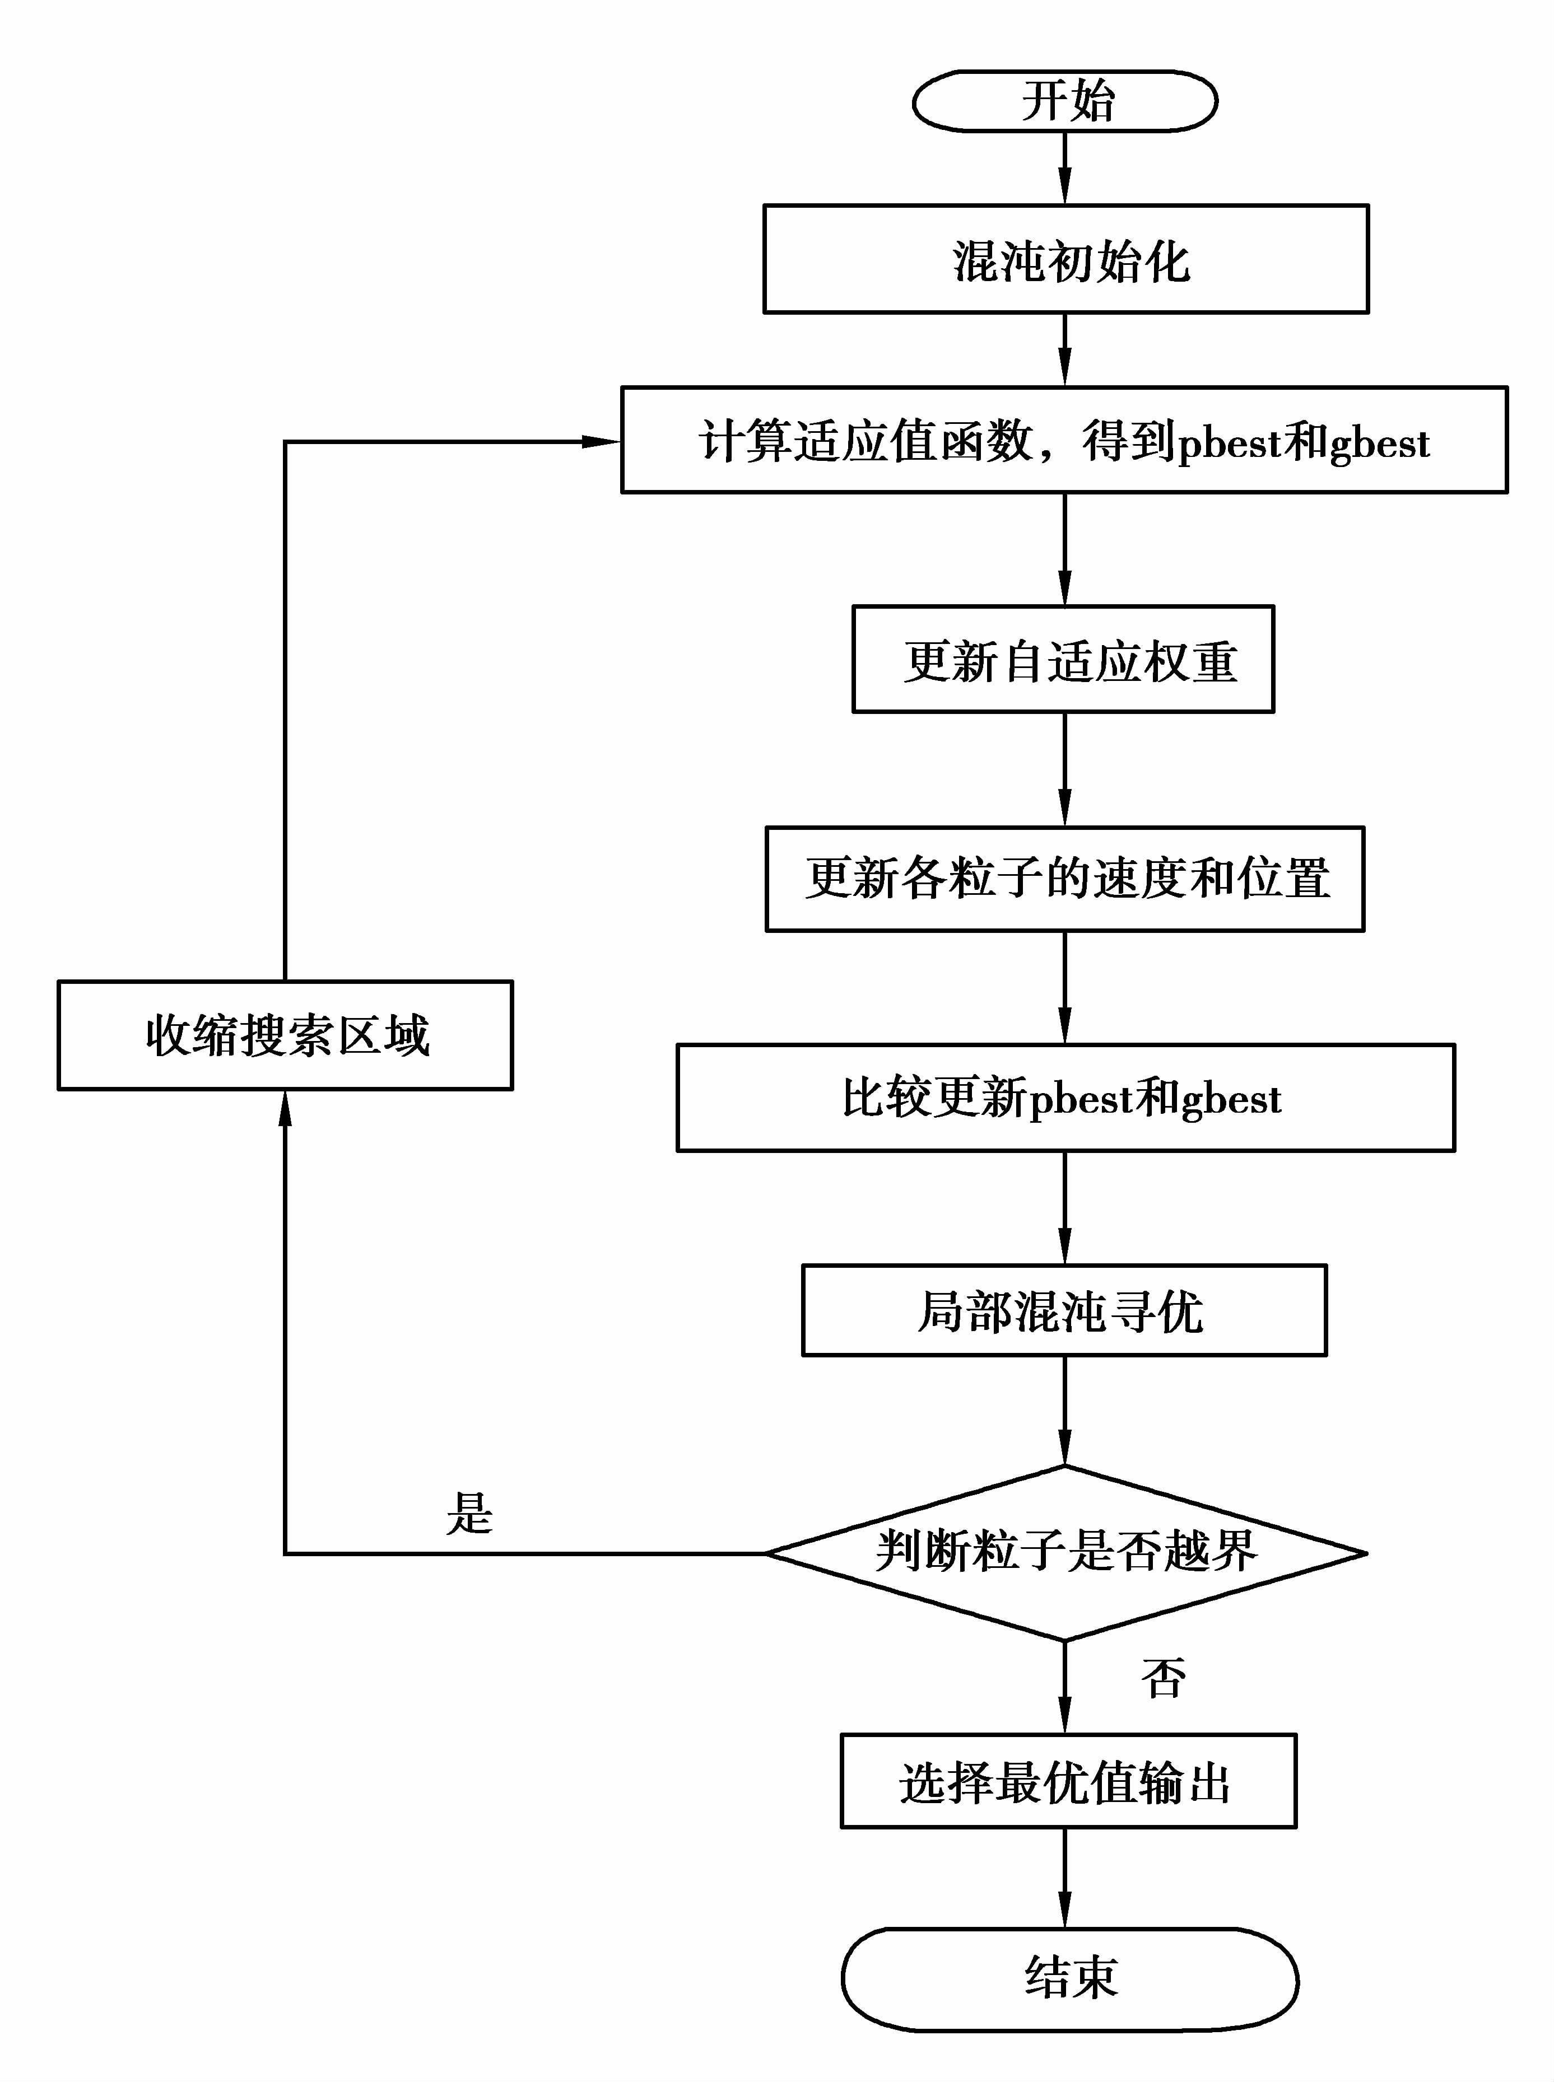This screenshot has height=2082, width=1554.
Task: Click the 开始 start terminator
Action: coord(1065,101)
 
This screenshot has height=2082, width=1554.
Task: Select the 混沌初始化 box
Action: coord(1065,259)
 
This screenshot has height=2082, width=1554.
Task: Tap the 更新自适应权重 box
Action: coord(1063,659)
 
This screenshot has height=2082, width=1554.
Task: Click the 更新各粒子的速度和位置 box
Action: coord(1065,878)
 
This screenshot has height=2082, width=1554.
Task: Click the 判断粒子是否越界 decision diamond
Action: coord(1065,1553)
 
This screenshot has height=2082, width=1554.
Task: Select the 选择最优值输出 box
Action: coord(1068,1781)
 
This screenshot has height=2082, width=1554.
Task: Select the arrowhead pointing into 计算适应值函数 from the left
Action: coord(600,441)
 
